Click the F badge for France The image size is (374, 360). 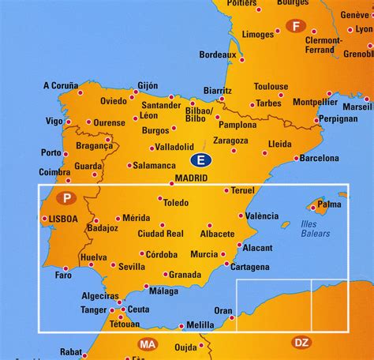297,25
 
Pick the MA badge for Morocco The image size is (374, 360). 147,344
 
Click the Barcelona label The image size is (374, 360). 320,158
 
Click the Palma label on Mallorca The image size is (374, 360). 329,204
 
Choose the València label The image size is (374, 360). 262,216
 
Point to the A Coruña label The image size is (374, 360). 61,86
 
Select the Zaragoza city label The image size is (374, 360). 230,141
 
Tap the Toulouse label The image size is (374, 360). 271,87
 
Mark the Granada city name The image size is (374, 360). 186,275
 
